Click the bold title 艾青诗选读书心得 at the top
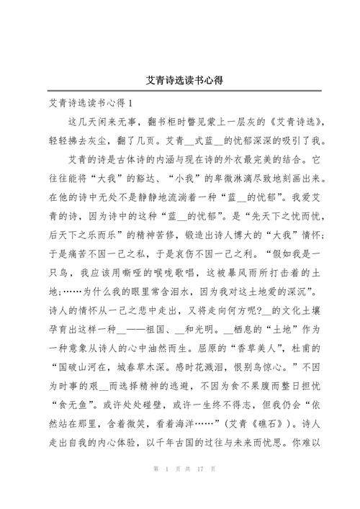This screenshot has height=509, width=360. [x=179, y=80]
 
